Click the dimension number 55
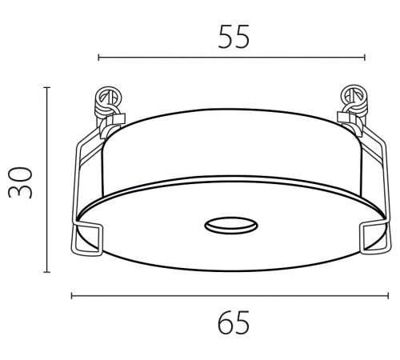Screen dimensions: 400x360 (234, 37)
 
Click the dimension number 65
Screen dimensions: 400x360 (234, 322)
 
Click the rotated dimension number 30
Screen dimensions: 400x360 (20, 182)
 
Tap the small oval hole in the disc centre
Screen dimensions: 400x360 (231, 226)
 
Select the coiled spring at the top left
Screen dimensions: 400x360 (109, 102)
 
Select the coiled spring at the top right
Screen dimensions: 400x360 (354, 102)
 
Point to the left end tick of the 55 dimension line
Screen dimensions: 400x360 (98, 58)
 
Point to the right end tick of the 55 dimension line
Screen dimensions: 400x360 (365, 58)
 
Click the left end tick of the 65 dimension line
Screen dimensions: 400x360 (72, 295)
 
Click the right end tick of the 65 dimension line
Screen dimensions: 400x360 (388, 295)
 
